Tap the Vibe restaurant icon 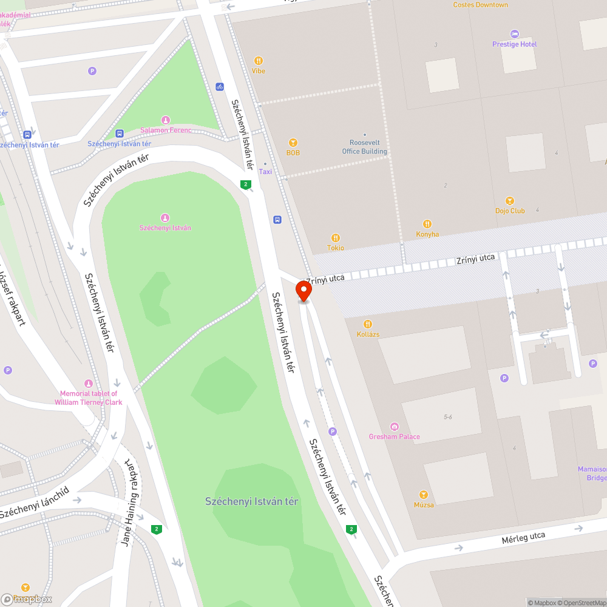[259, 61]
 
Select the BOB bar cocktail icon [294, 143]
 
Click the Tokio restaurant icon [335, 238]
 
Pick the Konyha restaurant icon [427, 224]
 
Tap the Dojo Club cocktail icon [510, 201]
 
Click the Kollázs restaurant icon [368, 324]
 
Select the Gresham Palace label [394, 436]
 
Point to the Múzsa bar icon [424, 495]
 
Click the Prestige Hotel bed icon [515, 34]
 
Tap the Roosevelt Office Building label [364, 148]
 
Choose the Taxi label [265, 172]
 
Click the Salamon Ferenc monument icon [165, 120]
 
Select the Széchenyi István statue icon [165, 218]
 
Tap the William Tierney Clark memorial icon [89, 384]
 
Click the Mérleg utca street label [523, 538]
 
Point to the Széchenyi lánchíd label [35, 503]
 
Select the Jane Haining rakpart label [128, 503]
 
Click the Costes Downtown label [480, 5]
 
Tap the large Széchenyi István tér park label [252, 501]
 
